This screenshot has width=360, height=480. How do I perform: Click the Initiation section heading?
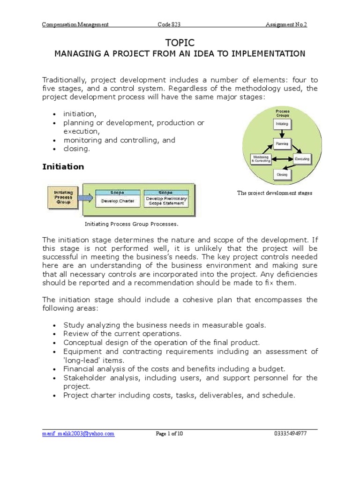[x=63, y=166]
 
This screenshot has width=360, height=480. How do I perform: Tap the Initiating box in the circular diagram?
[x=283, y=124]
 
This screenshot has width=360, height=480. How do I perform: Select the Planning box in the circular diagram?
[x=283, y=143]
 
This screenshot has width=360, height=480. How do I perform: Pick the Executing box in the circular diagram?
[x=302, y=159]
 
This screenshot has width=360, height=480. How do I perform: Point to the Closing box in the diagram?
[x=282, y=174]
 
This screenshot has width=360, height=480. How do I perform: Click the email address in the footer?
[x=78, y=434]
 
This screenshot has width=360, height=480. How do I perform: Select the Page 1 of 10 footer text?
[x=169, y=434]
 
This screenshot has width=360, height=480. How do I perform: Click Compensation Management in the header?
[x=75, y=24]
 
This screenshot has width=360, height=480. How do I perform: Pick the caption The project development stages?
[x=275, y=193]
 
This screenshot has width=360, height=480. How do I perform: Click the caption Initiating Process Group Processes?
[x=131, y=224]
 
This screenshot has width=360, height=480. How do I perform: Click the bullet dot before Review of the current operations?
[x=55, y=334]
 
